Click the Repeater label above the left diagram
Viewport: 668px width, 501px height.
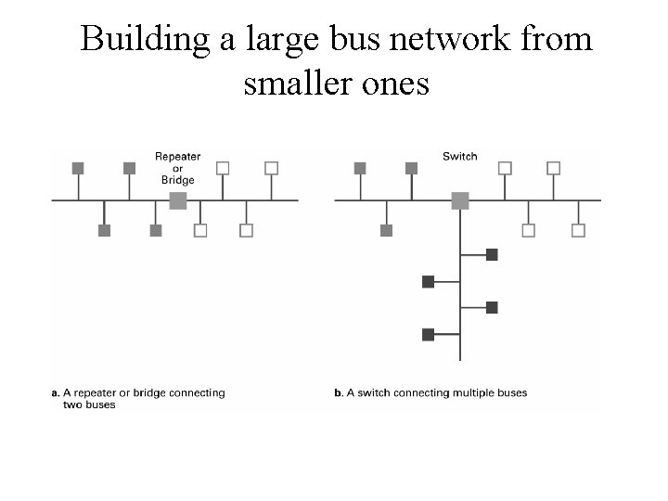(x=177, y=157)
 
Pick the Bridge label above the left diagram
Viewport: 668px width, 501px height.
(x=177, y=179)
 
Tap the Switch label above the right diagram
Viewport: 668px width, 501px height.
(x=460, y=157)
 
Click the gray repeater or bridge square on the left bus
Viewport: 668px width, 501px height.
(x=178, y=200)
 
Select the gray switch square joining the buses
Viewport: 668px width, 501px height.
(x=460, y=200)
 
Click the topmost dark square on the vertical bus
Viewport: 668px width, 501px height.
(x=492, y=254)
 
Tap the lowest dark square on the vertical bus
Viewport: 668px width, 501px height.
(x=428, y=334)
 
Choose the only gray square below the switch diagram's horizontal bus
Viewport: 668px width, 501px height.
(x=387, y=230)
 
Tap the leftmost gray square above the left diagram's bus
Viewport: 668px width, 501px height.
(x=78, y=168)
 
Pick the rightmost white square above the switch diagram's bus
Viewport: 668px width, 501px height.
(x=554, y=168)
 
